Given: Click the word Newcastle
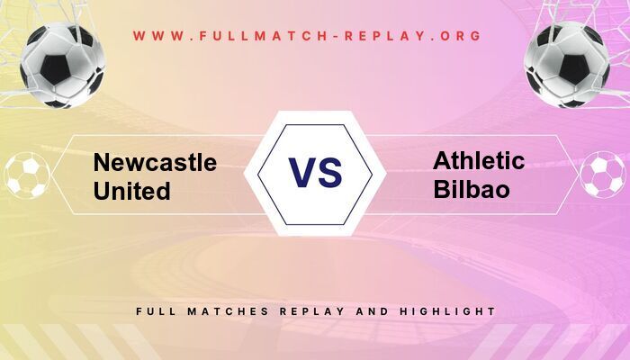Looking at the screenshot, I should [155, 163].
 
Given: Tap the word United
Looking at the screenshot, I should [131, 191].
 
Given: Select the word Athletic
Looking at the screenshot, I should [479, 161].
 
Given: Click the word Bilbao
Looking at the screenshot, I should [471, 190].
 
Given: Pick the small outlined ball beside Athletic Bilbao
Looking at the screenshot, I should [602, 175].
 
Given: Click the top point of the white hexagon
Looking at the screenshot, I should [315, 112].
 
